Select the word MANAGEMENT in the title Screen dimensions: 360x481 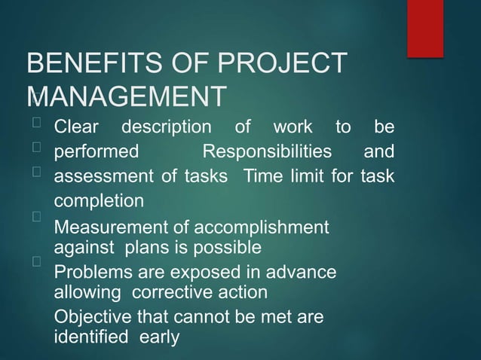click(127, 98)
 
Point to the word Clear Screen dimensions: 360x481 click(76, 127)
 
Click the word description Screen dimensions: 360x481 click(167, 127)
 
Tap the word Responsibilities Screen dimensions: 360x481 click(268, 152)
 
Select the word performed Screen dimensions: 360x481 click(97, 152)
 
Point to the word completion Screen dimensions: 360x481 click(99, 202)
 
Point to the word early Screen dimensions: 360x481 click(159, 337)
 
